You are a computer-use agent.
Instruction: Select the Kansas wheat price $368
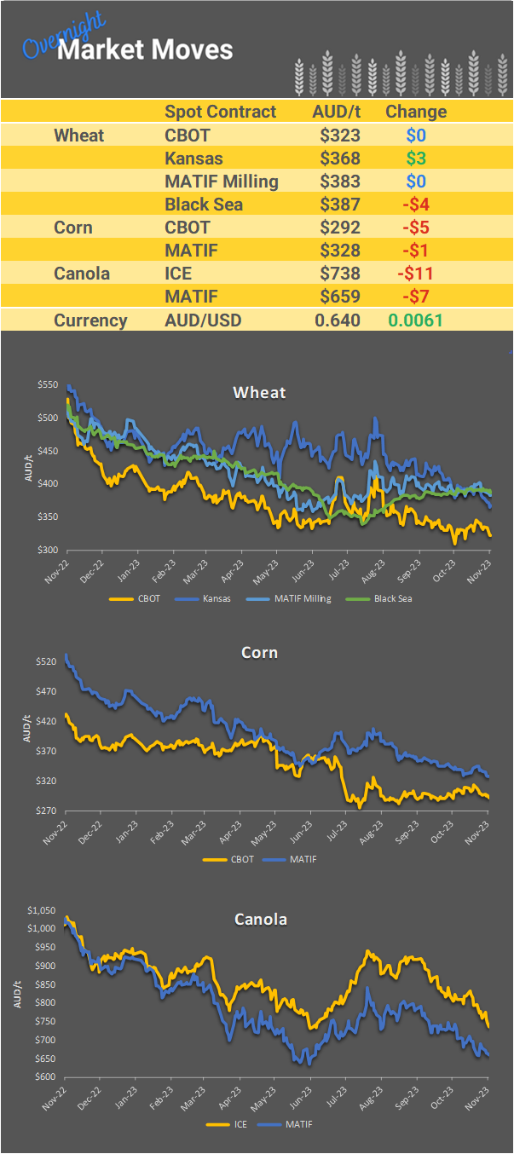[340, 158]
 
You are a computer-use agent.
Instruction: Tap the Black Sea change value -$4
[417, 205]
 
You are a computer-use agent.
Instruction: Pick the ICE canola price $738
[340, 274]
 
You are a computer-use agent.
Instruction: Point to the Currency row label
[90, 320]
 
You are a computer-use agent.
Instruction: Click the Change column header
[416, 112]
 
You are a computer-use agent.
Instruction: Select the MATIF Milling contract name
[221, 182]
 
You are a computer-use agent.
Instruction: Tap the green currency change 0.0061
[416, 320]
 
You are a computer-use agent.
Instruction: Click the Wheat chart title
[259, 393]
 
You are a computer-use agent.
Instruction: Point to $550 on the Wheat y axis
[48, 385]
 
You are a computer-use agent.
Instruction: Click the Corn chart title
[259, 653]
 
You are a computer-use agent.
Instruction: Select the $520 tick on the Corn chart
[48, 661]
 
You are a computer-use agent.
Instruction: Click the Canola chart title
[260, 920]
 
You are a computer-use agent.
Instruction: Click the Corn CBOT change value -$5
[417, 228]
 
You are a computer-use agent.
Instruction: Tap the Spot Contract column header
[221, 112]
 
